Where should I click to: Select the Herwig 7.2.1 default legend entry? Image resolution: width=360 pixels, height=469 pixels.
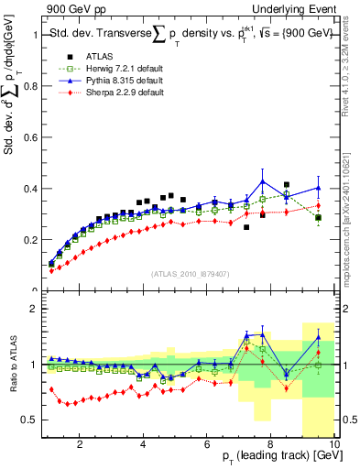point(112,68)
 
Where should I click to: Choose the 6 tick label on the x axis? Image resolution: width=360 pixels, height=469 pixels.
point(207,445)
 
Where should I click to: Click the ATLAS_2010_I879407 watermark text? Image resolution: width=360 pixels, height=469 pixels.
point(189,273)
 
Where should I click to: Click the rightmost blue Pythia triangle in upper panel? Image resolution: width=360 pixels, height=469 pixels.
point(318,188)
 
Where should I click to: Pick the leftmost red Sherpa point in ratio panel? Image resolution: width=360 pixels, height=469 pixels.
point(51,388)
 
